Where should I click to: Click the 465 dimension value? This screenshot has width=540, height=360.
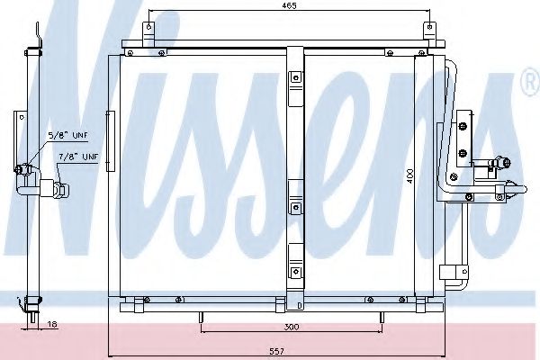click(289, 5)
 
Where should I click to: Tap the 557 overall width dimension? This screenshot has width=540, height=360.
click(277, 351)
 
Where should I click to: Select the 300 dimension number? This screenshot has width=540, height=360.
click(292, 327)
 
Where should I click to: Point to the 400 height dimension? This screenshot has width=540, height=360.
click(409, 175)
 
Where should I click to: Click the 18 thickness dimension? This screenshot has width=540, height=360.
click(52, 324)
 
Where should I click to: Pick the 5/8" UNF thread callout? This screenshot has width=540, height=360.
click(67, 135)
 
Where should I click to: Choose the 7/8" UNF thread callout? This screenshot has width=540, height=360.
click(78, 157)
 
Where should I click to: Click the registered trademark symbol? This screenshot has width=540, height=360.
click(531, 82)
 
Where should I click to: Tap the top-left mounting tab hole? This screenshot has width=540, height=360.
click(148, 26)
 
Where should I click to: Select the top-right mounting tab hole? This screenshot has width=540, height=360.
click(429, 26)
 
